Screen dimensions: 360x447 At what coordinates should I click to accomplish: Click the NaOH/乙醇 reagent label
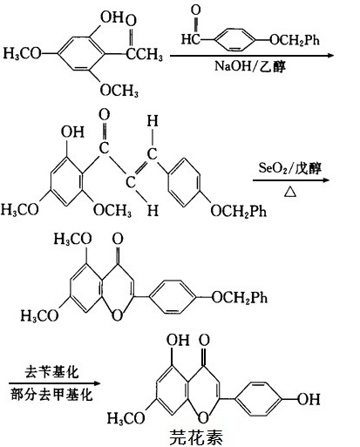[x=250, y=66]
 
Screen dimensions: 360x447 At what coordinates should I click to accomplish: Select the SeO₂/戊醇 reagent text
[x=290, y=168]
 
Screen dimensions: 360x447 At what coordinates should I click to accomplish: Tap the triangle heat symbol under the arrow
[x=290, y=192]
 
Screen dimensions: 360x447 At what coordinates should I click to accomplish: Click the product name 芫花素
[x=196, y=437]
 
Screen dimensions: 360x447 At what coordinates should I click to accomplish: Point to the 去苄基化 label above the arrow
[x=51, y=372]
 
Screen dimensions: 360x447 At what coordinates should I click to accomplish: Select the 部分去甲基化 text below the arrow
[x=51, y=395]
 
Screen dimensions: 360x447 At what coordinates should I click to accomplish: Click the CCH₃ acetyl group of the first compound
[x=144, y=54]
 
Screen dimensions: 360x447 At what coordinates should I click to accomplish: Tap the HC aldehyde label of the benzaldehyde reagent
[x=191, y=38]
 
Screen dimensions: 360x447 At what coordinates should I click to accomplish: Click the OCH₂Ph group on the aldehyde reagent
[x=295, y=39]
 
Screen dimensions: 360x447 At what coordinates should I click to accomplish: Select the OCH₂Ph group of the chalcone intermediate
[x=238, y=211]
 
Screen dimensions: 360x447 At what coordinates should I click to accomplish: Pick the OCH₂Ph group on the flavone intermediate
[x=239, y=297]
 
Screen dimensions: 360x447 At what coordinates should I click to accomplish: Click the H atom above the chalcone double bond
[x=153, y=121]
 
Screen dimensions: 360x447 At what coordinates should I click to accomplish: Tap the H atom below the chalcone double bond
[x=153, y=210]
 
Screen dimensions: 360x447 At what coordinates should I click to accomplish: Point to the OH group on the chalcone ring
[x=72, y=132]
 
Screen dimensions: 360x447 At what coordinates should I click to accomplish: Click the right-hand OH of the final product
[x=309, y=399]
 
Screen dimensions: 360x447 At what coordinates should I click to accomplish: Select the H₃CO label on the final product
[x=126, y=418]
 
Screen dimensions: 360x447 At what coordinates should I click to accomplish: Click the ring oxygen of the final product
[x=203, y=417]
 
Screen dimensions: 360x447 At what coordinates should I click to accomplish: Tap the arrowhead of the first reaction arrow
[x=330, y=55]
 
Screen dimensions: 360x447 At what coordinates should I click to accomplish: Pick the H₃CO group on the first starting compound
[x=22, y=53]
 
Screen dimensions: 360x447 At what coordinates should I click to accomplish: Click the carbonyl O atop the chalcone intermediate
[x=105, y=114]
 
